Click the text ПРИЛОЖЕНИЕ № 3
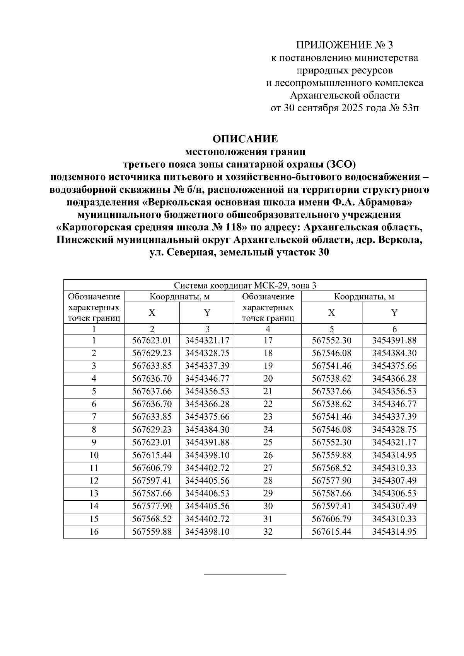(x=344, y=46)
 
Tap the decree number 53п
(x=410, y=108)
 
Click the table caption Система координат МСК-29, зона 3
(x=245, y=286)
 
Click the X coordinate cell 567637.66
(x=152, y=391)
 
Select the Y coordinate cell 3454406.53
(x=207, y=493)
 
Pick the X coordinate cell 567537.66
(x=331, y=391)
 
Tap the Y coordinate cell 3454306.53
(x=394, y=493)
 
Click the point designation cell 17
(x=268, y=340)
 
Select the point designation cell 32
(x=268, y=532)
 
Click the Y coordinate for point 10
(x=207, y=455)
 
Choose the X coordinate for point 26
(x=331, y=455)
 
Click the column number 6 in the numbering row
(x=394, y=329)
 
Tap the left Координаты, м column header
(x=180, y=297)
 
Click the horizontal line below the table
(x=245, y=574)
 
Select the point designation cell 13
(x=94, y=493)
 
